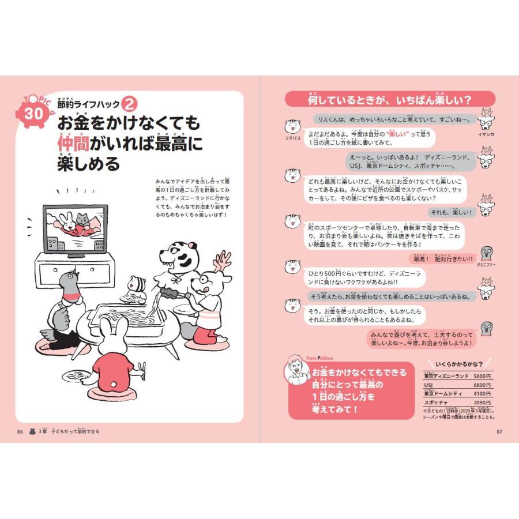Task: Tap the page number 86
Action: [20, 431]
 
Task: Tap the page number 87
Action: [499, 431]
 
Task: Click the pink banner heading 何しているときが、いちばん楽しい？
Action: [389, 100]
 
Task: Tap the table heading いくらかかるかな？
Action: [459, 365]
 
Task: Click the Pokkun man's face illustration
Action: [296, 372]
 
